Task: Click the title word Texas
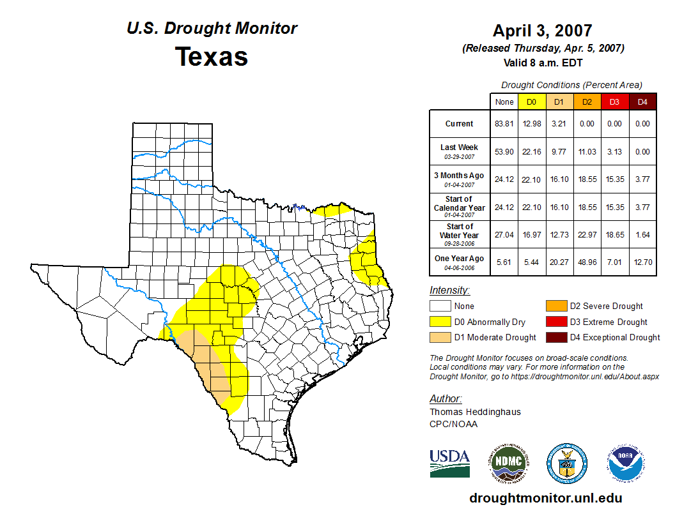click(212, 57)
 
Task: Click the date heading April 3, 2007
click(543, 31)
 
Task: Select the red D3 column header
click(614, 102)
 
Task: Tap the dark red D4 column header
click(642, 102)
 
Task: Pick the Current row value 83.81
click(504, 124)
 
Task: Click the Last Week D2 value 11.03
click(587, 152)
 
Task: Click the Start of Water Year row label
click(459, 230)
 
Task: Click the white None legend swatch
click(440, 306)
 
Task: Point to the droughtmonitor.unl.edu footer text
click(545, 498)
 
